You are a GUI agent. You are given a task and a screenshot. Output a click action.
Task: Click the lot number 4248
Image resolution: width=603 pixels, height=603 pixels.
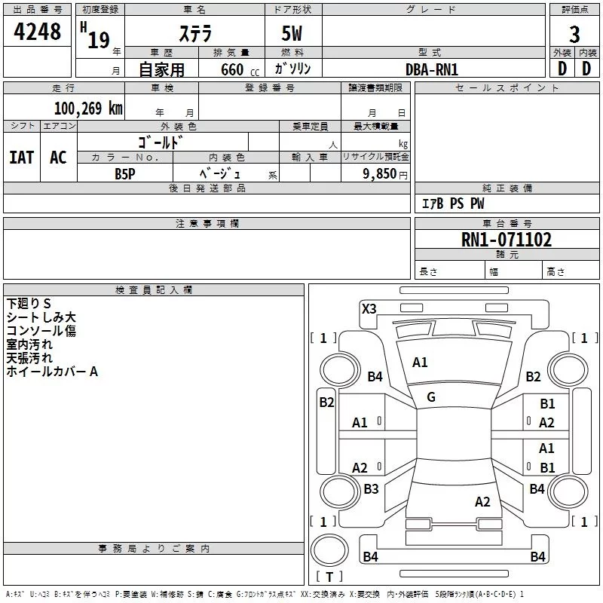(37, 32)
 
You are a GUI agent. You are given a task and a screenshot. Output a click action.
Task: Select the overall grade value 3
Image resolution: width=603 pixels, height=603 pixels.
(574, 34)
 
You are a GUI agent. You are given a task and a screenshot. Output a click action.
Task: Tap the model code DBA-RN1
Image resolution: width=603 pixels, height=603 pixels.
(432, 69)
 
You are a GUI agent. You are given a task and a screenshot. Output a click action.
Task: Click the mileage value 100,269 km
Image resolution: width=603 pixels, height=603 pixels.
(88, 108)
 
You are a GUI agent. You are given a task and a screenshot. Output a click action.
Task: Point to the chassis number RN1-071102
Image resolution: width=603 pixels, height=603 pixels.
(507, 240)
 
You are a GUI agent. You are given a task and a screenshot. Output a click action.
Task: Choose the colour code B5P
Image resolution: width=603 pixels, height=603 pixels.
(125, 173)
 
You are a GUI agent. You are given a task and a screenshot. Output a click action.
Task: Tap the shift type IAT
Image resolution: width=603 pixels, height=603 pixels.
(21, 158)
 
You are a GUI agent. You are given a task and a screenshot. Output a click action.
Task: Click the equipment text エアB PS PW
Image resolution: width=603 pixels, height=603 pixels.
(453, 204)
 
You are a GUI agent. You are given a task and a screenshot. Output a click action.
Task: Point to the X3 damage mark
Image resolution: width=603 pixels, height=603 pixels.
(369, 308)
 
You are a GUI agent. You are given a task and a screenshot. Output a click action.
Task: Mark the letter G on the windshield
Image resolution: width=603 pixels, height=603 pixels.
(431, 397)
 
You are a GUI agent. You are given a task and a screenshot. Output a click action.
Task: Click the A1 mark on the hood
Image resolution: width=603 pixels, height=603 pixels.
(420, 363)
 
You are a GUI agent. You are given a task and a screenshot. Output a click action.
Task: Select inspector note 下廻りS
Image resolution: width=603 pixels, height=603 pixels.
(29, 303)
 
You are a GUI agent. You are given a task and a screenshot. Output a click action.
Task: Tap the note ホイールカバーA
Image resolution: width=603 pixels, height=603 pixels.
(53, 371)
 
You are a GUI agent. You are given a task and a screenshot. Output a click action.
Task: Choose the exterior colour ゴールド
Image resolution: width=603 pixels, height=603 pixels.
(161, 142)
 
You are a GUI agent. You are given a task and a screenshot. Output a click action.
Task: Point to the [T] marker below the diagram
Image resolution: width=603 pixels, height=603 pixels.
(329, 577)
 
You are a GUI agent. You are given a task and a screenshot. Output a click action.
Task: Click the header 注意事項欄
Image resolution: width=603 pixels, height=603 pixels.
(207, 224)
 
